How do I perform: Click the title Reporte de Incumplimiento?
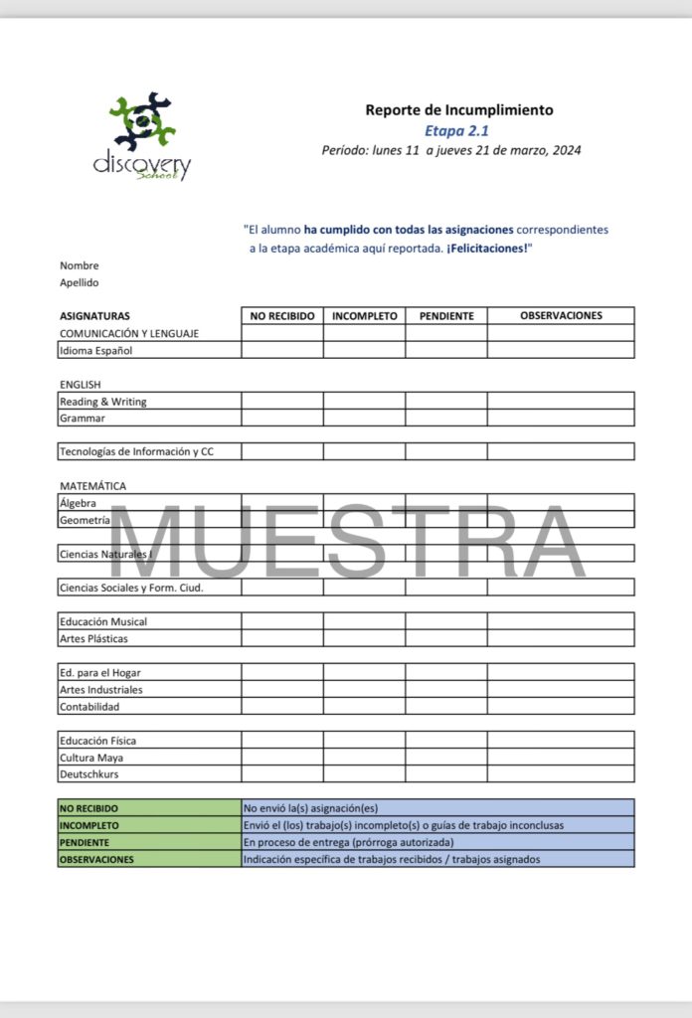pos(458,110)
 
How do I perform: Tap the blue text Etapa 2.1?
pos(456,130)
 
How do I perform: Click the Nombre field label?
pos(80,265)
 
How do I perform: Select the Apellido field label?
pos(80,282)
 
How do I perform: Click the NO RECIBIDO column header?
pos(282,316)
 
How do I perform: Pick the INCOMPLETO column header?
pos(364,316)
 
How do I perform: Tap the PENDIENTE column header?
pos(446,316)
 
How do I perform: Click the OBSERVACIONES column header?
pos(561,316)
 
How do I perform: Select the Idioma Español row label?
pos(95,350)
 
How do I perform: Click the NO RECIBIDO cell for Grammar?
pos(282,419)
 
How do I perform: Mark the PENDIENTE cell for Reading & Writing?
pos(446,402)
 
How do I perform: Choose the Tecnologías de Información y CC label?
pos(136,452)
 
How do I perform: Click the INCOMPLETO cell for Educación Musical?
pos(364,622)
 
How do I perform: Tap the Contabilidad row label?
pos(89,707)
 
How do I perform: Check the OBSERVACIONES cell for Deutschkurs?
pos(561,773)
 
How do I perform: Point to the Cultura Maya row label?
pos(91,758)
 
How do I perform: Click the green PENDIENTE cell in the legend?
pos(150,842)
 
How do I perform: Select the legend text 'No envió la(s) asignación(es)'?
pos(311,808)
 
